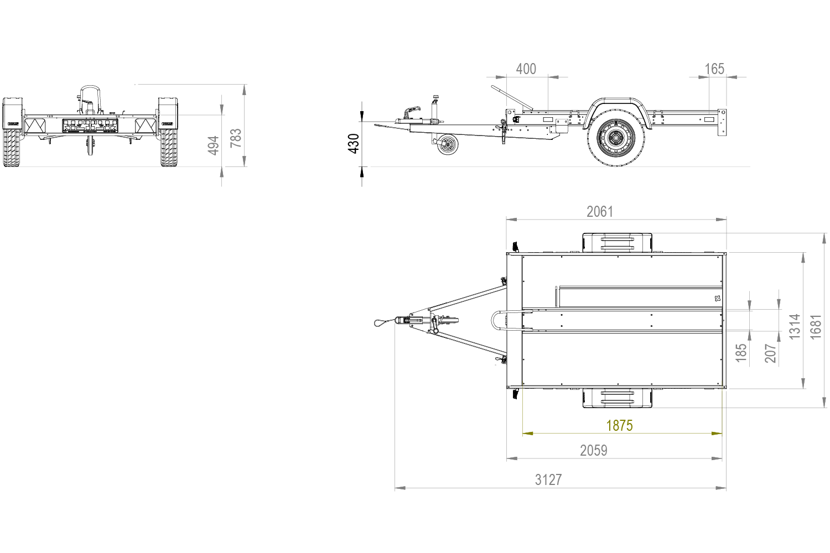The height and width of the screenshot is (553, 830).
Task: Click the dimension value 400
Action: (526, 69)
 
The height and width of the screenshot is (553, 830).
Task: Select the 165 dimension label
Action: (714, 69)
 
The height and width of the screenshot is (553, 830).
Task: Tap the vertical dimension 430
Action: (354, 143)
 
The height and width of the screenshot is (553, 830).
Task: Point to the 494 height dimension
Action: (214, 145)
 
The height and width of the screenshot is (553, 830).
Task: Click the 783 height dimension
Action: (236, 138)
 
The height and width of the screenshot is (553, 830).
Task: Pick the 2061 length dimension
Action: (600, 211)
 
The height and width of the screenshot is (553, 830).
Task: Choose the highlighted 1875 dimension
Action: (619, 425)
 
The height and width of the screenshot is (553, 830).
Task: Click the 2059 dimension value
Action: (594, 451)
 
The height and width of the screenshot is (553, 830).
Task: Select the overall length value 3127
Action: (548, 480)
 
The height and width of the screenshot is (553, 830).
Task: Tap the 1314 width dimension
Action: (795, 326)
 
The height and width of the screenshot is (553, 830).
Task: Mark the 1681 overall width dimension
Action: (816, 326)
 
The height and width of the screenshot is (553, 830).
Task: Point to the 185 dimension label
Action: (741, 353)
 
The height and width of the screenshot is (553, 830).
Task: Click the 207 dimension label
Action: (771, 353)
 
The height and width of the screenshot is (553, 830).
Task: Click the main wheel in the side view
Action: (616, 138)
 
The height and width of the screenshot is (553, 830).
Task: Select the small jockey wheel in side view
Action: (448, 145)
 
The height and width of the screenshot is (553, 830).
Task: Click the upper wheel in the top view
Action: (616, 242)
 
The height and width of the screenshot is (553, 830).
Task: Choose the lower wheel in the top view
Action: (616, 398)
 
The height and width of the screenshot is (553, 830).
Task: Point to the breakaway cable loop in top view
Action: (381, 321)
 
